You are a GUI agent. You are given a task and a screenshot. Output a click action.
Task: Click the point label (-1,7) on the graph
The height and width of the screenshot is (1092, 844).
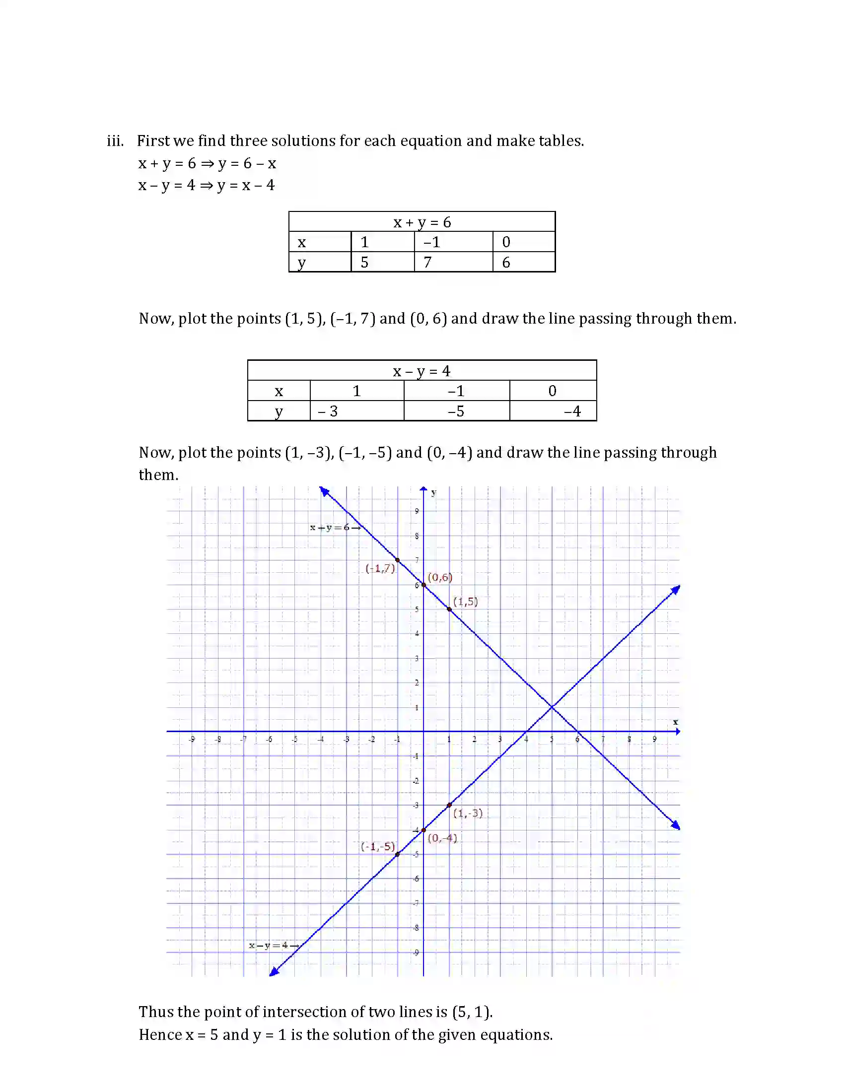[380, 568]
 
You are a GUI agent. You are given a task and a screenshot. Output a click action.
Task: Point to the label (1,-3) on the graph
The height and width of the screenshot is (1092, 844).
[468, 813]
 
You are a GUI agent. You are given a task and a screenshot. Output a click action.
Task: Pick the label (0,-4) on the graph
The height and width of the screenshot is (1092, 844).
[442, 838]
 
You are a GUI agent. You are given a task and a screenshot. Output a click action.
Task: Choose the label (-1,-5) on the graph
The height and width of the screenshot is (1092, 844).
[378, 846]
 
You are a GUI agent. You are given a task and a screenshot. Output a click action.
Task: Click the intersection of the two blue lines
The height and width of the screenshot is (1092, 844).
[552, 707]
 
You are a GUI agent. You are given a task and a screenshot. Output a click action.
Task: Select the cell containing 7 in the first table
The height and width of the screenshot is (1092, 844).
[453, 262]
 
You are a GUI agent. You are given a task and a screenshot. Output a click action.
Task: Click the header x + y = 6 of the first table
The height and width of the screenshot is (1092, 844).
[422, 222]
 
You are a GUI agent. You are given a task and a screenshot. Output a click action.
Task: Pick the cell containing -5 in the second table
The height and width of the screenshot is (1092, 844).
[456, 411]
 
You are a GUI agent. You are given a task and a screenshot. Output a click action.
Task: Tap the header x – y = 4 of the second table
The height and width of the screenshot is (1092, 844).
[422, 371]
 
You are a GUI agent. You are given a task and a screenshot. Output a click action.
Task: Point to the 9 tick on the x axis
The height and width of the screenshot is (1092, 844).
[654, 739]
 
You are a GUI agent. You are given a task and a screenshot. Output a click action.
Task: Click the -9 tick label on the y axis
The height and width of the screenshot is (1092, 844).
[416, 953]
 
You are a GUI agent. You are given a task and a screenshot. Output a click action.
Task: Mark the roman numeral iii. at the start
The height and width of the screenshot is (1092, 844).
[115, 141]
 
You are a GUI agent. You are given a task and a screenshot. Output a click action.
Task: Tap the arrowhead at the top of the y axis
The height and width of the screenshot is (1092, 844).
[423, 489]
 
